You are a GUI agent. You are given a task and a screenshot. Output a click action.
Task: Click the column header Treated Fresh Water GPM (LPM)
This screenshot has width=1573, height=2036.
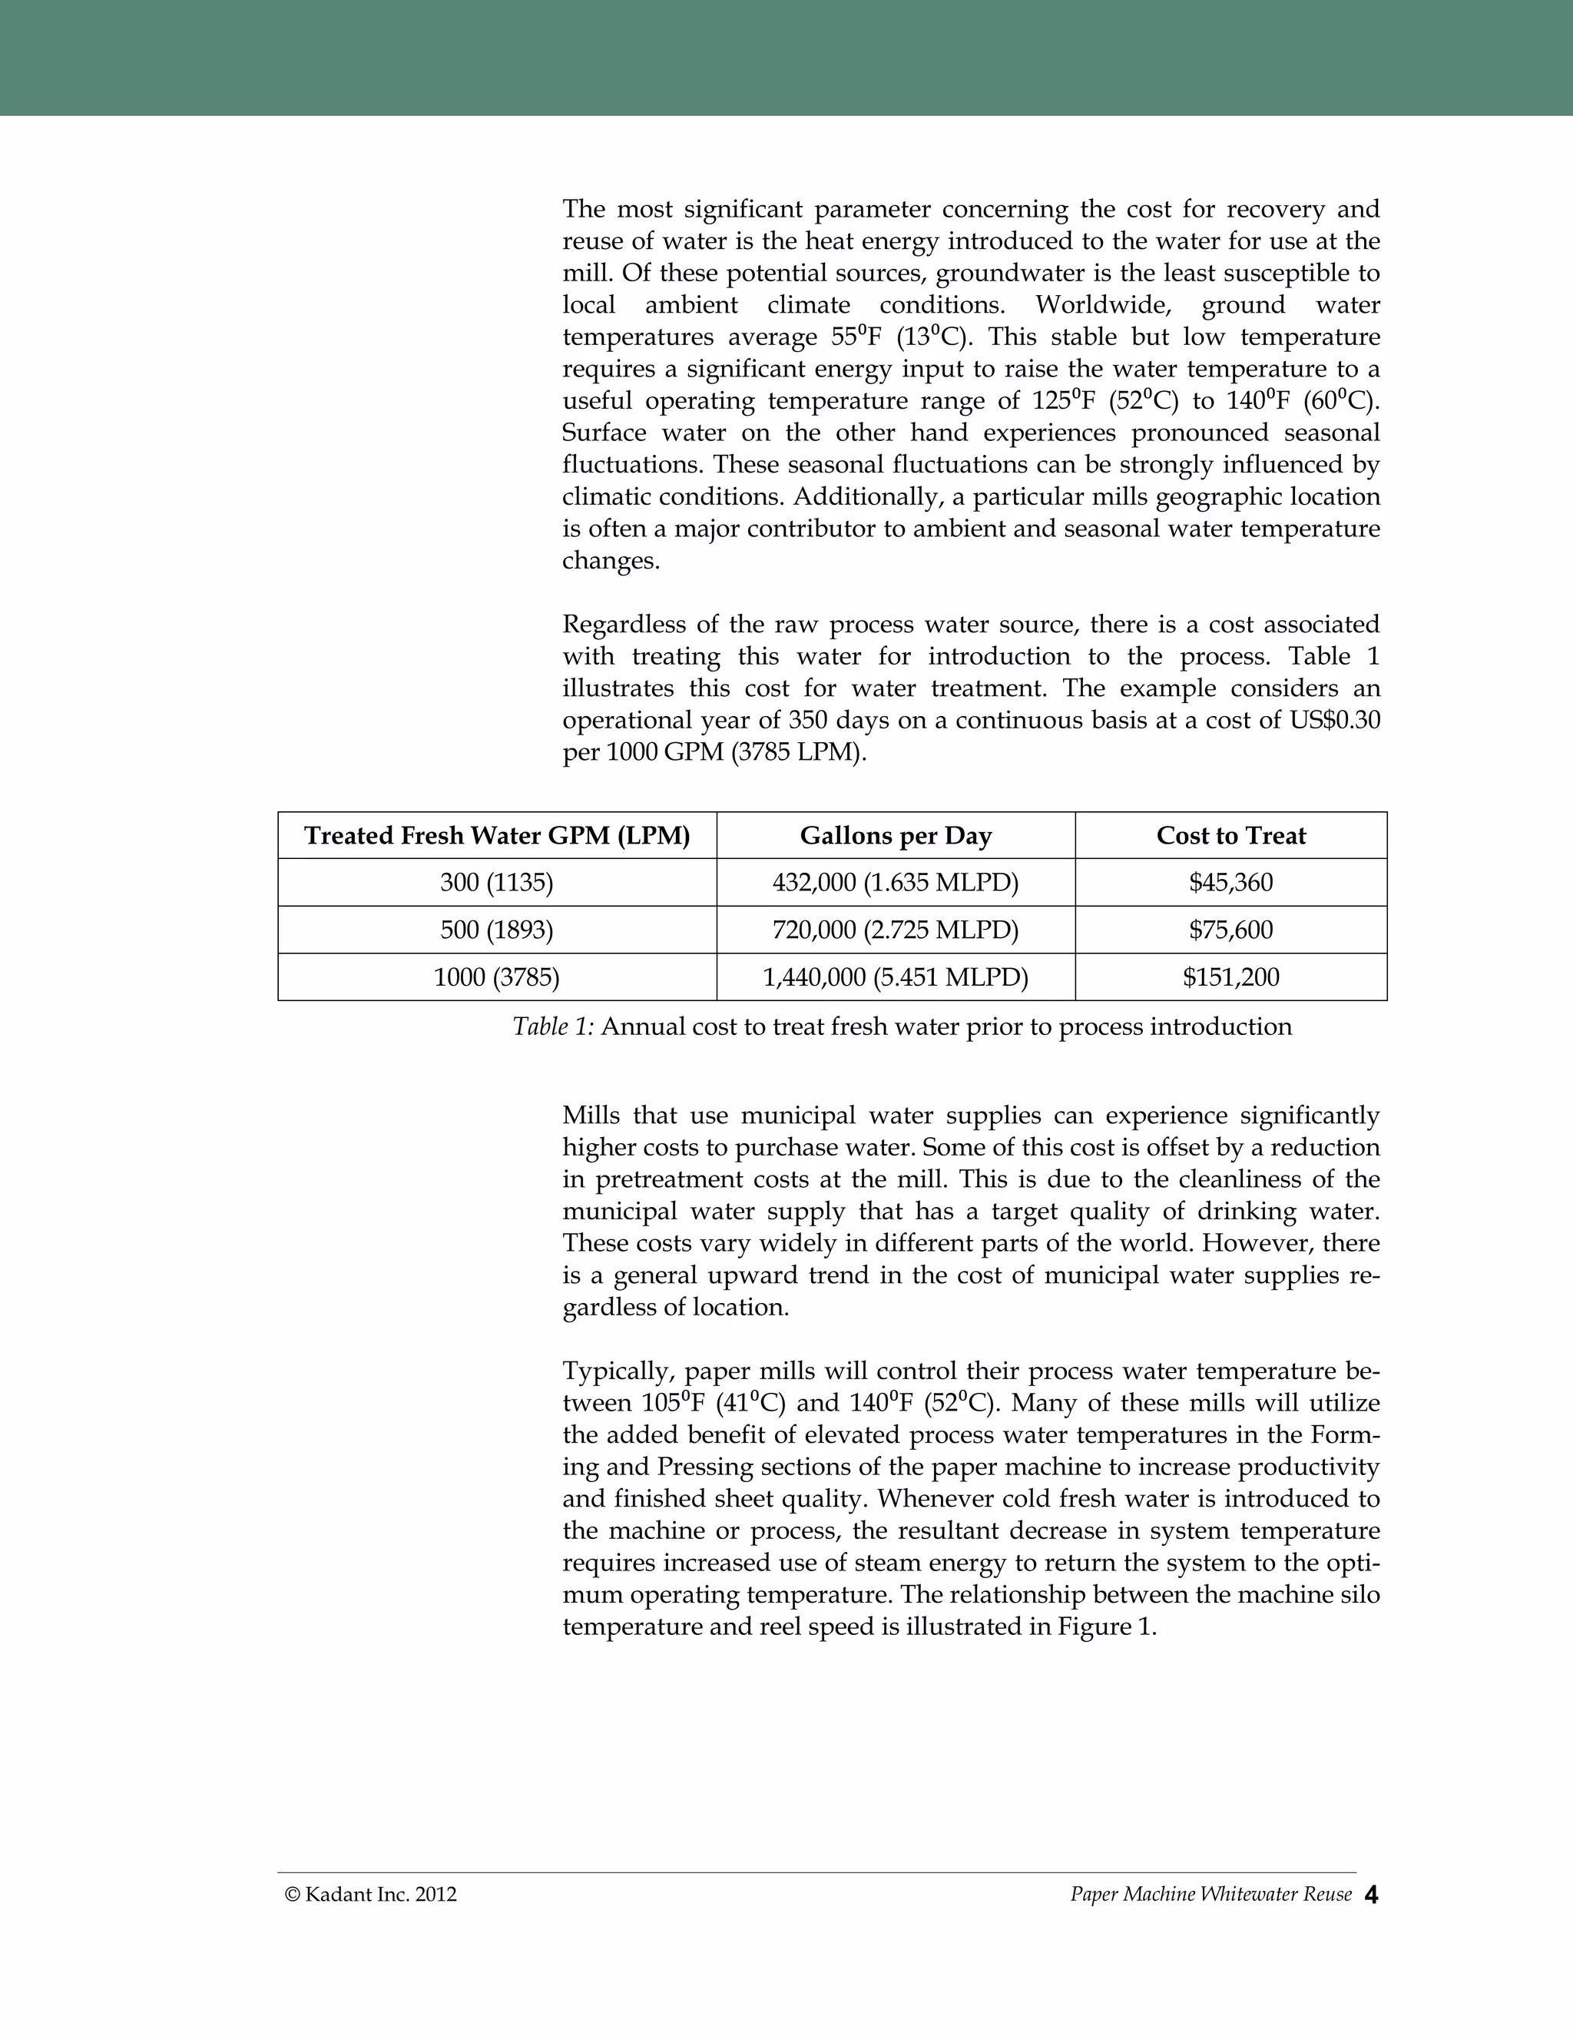[497, 835]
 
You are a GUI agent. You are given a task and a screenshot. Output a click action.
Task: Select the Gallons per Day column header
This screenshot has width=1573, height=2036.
[896, 835]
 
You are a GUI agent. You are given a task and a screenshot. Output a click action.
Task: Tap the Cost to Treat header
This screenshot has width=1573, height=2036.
[1230, 835]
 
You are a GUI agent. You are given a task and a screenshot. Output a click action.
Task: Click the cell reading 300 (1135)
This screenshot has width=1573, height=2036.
[497, 882]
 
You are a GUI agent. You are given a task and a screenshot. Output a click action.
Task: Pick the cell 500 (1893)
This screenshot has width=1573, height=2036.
[497, 930]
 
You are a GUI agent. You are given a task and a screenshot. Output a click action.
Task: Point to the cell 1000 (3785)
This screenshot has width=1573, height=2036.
[497, 977]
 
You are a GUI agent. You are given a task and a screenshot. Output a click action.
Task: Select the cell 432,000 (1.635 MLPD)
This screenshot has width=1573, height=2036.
[896, 882]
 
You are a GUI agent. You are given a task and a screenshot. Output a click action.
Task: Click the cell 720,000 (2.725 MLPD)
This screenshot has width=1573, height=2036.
[896, 930]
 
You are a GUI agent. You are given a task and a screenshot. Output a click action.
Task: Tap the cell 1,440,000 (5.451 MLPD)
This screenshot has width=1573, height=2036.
[896, 977]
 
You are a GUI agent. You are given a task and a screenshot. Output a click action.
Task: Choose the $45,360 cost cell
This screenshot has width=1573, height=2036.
[1230, 882]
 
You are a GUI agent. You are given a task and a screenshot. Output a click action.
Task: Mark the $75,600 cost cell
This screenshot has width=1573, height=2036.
[1230, 930]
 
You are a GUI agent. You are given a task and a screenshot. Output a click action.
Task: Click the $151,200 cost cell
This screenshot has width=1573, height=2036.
[1230, 977]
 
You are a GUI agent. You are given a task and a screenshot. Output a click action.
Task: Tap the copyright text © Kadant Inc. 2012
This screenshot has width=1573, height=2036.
[371, 1895]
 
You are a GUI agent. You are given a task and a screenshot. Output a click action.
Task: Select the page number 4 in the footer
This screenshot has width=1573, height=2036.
[1371, 1895]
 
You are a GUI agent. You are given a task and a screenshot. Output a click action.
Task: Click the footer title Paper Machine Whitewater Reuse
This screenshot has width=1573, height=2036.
[1210, 1895]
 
